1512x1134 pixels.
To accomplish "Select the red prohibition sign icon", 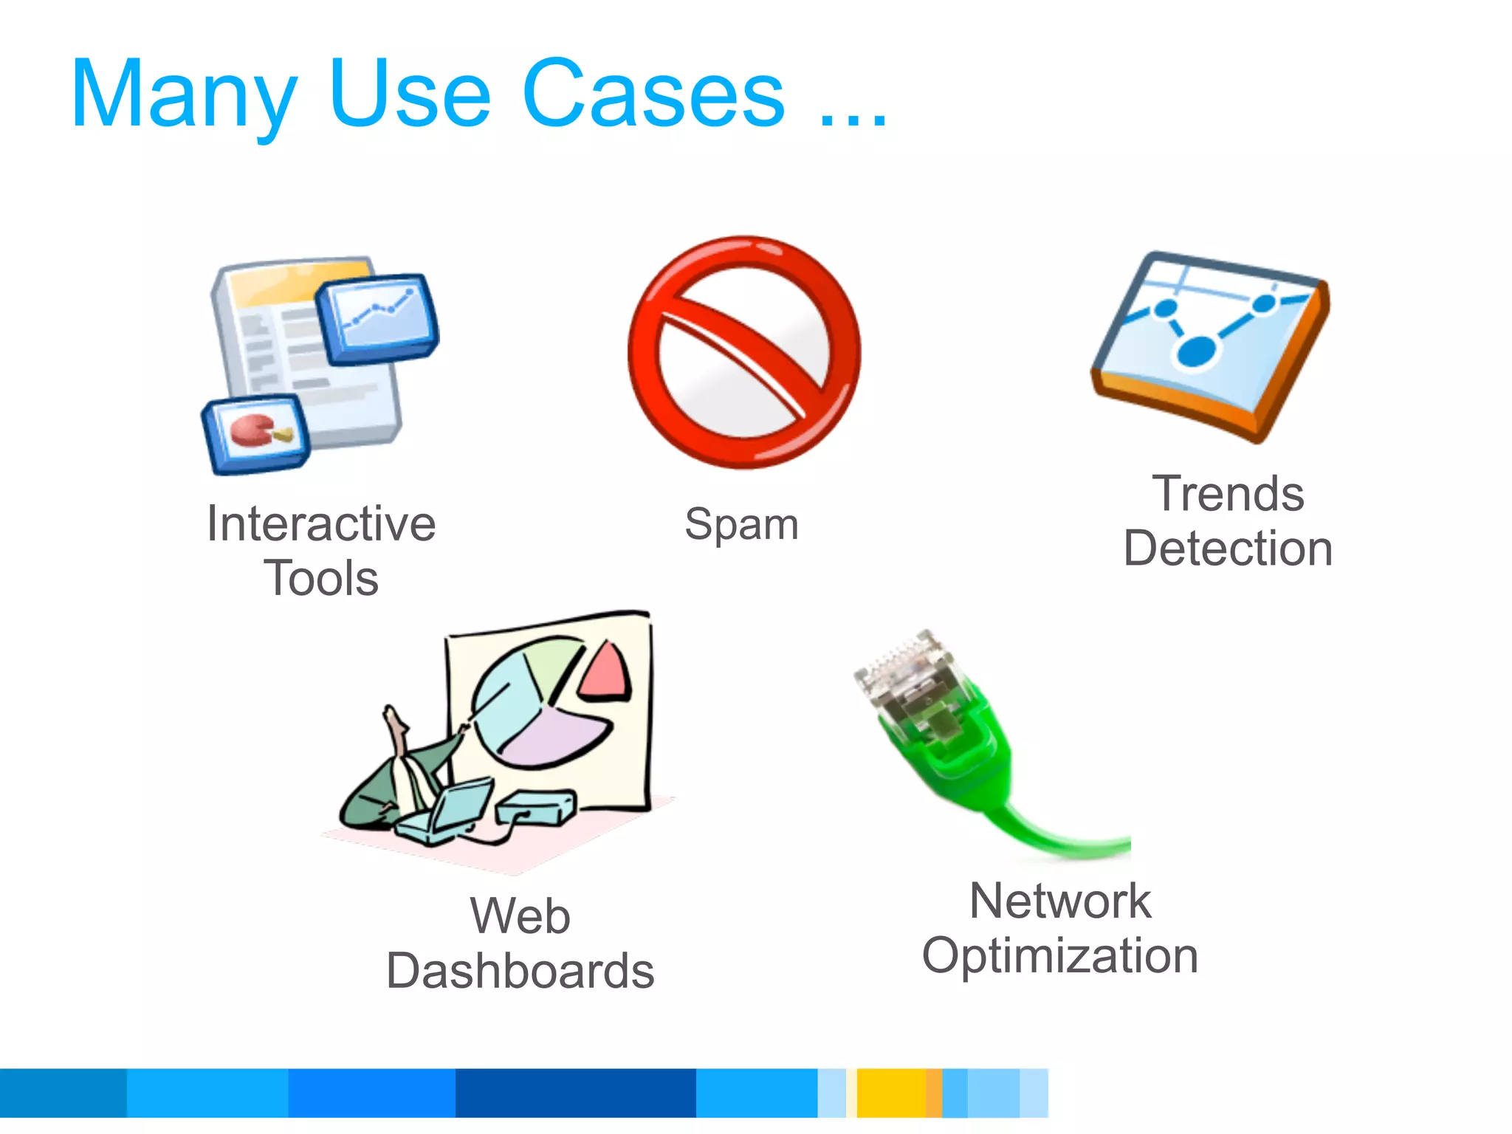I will point(744,352).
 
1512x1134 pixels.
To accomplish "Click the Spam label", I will point(741,525).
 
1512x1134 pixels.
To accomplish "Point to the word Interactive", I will point(321,524).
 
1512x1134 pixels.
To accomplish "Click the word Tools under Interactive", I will point(321,578).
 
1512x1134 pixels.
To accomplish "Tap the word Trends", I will point(1228,494).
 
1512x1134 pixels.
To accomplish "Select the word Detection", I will point(1228,549).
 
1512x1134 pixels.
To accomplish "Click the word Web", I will point(520,916).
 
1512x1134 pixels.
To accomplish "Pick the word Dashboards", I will point(520,971).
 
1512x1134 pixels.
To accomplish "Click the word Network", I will point(1060,901).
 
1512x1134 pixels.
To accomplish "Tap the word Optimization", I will point(1060,956).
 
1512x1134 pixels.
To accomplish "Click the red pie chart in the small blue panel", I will point(251,430).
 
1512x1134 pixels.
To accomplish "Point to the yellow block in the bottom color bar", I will point(891,1093).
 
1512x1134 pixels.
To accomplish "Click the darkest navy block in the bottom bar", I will point(576,1093).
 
